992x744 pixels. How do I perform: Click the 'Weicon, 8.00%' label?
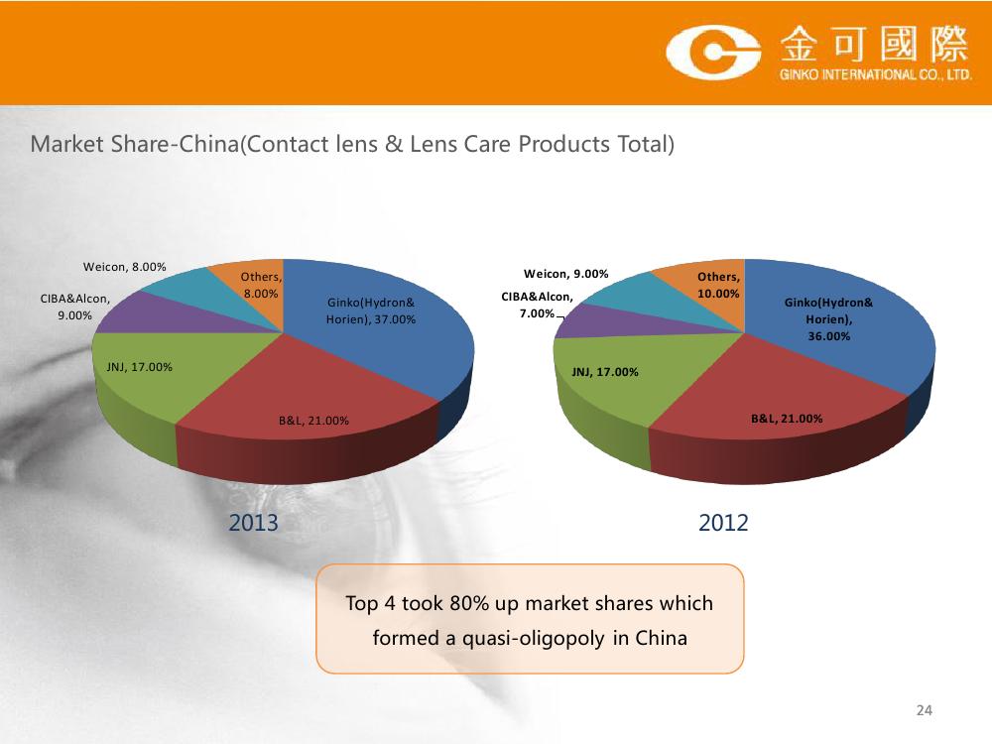[125, 267]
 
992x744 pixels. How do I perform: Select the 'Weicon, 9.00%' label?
[566, 274]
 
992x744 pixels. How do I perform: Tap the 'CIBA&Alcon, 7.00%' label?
[537, 305]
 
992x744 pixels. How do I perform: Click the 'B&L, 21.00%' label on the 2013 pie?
[313, 421]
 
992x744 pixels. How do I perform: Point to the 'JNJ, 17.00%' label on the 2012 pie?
[605, 372]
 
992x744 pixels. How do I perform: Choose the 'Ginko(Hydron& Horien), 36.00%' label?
[828, 319]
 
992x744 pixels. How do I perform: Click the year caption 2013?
[253, 523]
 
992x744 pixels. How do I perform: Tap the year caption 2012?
[723, 523]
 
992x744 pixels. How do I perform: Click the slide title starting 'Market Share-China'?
[352, 144]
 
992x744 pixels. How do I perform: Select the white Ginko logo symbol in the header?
[713, 53]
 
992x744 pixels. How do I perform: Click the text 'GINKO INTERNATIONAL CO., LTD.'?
[876, 74]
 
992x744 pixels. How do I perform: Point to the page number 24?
[925, 710]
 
